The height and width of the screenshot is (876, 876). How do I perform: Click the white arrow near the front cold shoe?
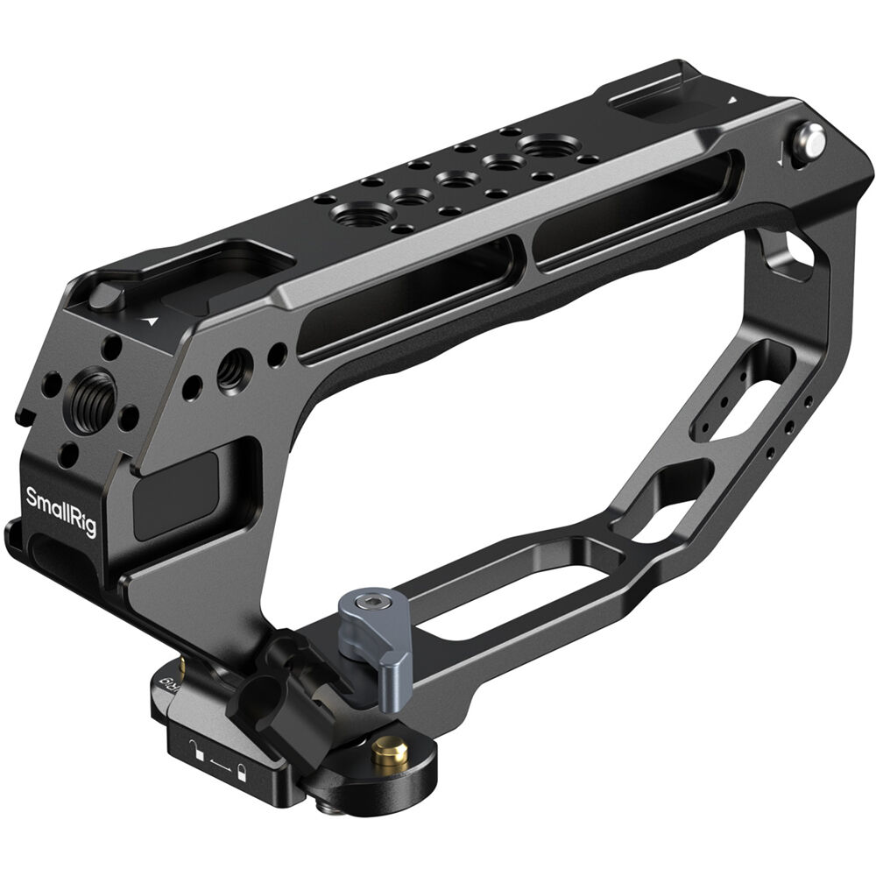pyautogui.click(x=154, y=321)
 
